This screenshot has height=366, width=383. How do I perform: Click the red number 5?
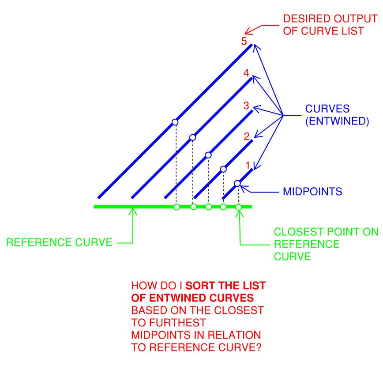[x=244, y=42]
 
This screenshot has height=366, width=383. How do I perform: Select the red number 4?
[x=246, y=73]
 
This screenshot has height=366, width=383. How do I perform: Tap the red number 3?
[x=246, y=106]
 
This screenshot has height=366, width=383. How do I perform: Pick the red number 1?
[x=248, y=165]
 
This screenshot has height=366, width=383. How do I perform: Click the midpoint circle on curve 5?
[x=175, y=122]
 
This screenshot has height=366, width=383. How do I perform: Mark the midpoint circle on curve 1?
[x=237, y=183]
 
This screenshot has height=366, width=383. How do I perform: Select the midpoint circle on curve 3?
[x=208, y=155]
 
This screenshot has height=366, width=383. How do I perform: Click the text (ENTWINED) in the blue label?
[x=337, y=121]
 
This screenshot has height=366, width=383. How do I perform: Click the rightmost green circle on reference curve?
[x=238, y=207]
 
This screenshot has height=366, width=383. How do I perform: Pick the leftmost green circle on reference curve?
[x=176, y=207]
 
